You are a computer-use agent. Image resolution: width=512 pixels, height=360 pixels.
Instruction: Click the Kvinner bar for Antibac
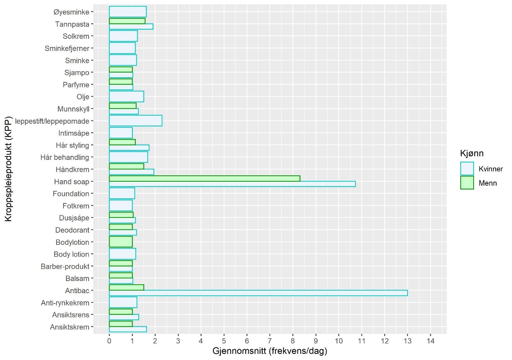coord(258,293)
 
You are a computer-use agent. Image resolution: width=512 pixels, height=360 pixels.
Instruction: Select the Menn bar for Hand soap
coord(205,178)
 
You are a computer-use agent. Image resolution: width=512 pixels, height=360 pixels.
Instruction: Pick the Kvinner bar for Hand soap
coord(232,184)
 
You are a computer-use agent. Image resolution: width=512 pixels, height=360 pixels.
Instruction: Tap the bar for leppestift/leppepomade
coord(135,121)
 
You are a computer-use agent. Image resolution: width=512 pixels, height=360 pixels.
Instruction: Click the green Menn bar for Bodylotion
coord(121,242)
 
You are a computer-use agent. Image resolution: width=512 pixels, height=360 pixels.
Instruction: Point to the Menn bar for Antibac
coord(126,288)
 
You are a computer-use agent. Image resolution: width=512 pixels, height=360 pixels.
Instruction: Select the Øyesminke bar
coord(128,12)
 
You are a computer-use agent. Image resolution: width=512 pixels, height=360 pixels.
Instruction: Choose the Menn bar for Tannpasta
coord(127,21)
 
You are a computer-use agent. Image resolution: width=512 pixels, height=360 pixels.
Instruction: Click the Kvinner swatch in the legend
coord(467,169)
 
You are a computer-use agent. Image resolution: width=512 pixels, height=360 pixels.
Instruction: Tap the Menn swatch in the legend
coord(467,183)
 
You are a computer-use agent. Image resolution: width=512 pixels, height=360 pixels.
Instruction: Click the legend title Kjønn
coord(472,153)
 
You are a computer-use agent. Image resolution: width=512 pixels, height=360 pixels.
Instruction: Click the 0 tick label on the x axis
coord(109,341)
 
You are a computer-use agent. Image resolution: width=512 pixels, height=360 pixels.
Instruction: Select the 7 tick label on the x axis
coord(270,341)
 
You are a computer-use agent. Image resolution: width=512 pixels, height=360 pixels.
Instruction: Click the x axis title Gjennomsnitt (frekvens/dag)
coord(270,351)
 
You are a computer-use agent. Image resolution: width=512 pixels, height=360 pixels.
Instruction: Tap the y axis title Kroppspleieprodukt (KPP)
coord(8,169)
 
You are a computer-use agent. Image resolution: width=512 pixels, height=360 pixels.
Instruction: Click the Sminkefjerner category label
coord(67,48)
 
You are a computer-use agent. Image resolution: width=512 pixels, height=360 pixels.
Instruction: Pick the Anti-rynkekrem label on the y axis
coord(65,303)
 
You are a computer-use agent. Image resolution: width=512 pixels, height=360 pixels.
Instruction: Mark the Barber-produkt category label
coord(65,267)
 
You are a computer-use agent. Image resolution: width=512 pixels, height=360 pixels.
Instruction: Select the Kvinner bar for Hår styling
coord(129,148)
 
